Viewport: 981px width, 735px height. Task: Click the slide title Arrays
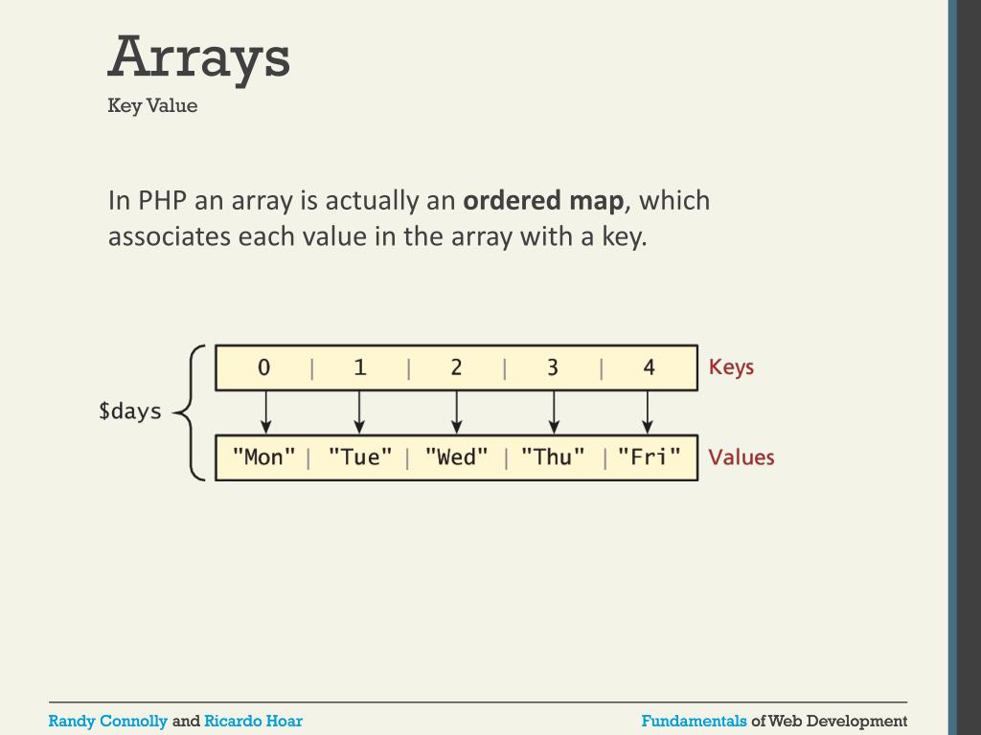click(x=198, y=57)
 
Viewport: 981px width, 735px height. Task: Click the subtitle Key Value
click(x=152, y=105)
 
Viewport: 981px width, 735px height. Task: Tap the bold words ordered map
click(x=543, y=201)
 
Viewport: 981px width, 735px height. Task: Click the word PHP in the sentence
click(x=162, y=201)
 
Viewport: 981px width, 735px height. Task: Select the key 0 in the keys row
click(x=264, y=367)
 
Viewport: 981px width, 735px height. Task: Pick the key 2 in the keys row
click(x=456, y=367)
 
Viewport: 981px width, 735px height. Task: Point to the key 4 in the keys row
click(x=649, y=367)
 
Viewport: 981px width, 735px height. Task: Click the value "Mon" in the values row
click(x=264, y=457)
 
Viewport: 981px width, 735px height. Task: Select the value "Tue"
click(x=360, y=457)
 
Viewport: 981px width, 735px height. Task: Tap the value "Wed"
click(x=456, y=457)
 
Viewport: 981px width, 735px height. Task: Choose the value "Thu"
click(x=553, y=457)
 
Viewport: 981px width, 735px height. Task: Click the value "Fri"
click(x=649, y=457)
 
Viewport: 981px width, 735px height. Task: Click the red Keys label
click(x=731, y=367)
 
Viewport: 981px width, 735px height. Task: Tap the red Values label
click(x=741, y=457)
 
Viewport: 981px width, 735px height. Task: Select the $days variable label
click(x=130, y=412)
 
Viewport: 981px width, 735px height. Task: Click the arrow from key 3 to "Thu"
click(x=554, y=412)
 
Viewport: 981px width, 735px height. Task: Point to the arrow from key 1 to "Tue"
click(x=359, y=412)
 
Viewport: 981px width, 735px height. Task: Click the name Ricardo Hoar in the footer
click(x=253, y=721)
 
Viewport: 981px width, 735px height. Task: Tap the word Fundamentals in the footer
click(x=694, y=721)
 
